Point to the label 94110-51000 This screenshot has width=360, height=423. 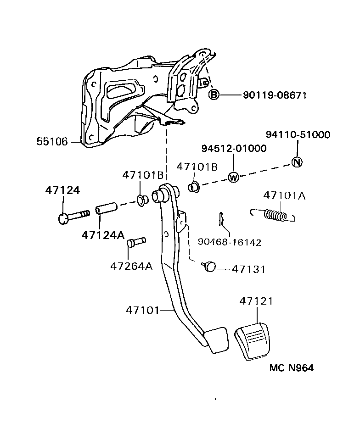(x=298, y=134)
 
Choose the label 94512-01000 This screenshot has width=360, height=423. (x=234, y=149)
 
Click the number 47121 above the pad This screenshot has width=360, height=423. (x=256, y=301)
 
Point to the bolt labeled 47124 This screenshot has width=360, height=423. (x=73, y=215)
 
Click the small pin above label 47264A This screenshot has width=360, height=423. (x=136, y=241)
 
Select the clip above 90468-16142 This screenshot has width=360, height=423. (x=222, y=220)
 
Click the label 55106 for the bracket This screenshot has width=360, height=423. (x=52, y=142)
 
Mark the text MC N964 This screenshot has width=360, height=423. (x=291, y=368)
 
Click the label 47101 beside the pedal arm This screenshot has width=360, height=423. (x=142, y=311)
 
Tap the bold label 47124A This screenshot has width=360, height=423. (x=103, y=235)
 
